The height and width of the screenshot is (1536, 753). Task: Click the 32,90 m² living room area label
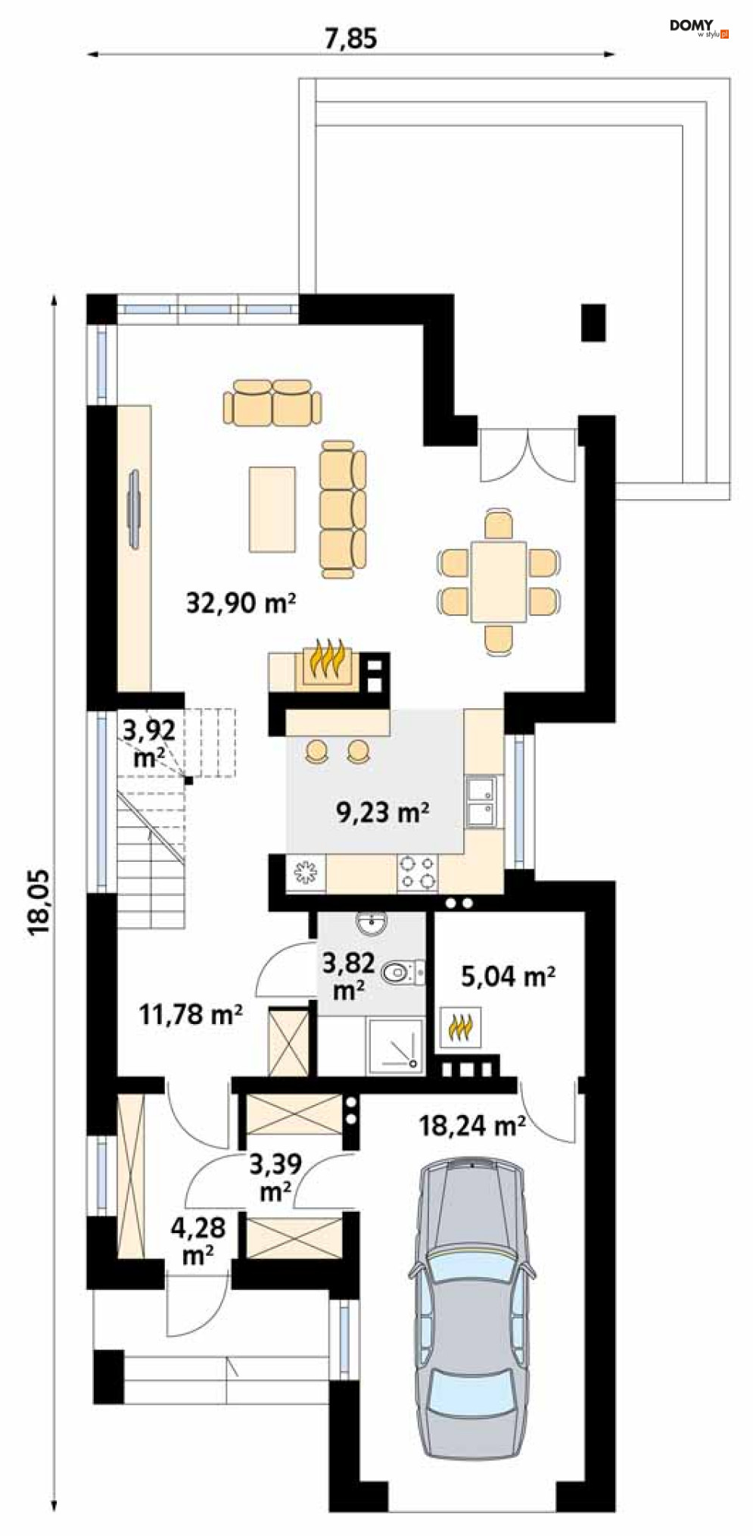(241, 603)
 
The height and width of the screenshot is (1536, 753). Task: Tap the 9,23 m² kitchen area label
(383, 813)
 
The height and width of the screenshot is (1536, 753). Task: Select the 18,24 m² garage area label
(472, 1125)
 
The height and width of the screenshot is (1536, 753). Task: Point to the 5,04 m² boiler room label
(508, 976)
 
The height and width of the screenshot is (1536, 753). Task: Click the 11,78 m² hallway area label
(191, 1014)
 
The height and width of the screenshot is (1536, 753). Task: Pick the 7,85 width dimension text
(350, 38)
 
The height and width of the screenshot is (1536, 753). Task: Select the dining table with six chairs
(499, 581)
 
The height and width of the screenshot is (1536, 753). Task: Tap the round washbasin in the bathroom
(371, 923)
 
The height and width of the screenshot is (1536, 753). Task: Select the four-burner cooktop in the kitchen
(418, 872)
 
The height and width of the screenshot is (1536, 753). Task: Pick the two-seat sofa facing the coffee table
(272, 402)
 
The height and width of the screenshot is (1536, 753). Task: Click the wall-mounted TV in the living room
(135, 509)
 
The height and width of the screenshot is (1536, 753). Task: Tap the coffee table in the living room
(272, 509)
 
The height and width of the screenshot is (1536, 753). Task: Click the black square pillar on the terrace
(594, 323)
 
